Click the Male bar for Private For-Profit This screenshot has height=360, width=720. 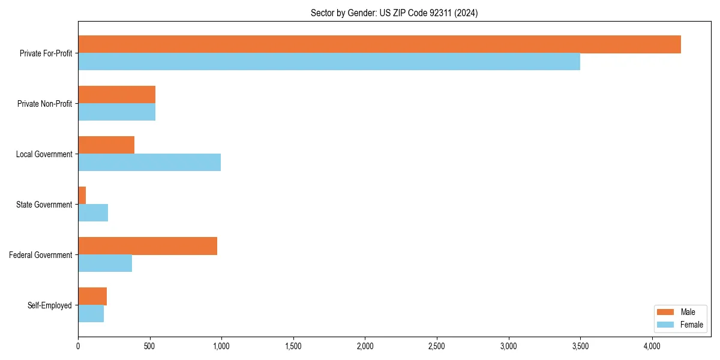pyautogui.click(x=379, y=44)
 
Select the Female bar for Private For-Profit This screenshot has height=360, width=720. pyautogui.click(x=329, y=62)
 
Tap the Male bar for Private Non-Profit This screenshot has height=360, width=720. pyautogui.click(x=116, y=95)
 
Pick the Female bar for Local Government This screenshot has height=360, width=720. pyautogui.click(x=149, y=163)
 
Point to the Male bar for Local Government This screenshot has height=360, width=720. pyautogui.click(x=106, y=145)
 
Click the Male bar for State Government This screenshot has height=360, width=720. pyautogui.click(x=82, y=196)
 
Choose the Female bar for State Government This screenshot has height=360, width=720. pyautogui.click(x=93, y=213)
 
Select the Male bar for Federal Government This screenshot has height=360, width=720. pyautogui.click(x=148, y=246)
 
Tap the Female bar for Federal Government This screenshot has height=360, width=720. pyautogui.click(x=105, y=263)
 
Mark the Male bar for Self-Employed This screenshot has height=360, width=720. pyautogui.click(x=92, y=296)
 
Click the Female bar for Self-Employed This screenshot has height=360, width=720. pyautogui.click(x=91, y=314)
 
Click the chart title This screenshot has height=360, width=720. pyautogui.click(x=394, y=13)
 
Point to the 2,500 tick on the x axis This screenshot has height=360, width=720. pyautogui.click(x=436, y=346)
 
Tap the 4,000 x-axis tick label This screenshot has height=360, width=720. pyautogui.click(x=652, y=346)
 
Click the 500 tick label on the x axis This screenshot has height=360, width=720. pyautogui.click(x=149, y=346)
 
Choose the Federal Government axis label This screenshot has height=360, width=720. pyautogui.click(x=41, y=255)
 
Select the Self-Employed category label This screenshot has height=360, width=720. pyautogui.click(x=50, y=305)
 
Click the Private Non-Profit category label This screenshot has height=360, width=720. pyautogui.click(x=44, y=104)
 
